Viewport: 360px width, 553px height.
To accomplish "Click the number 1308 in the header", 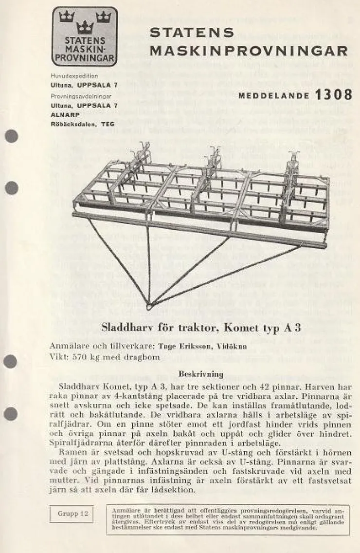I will (333, 95).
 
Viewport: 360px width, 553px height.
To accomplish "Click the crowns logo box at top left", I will (85, 36).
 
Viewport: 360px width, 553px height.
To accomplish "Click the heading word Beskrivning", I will (201, 374).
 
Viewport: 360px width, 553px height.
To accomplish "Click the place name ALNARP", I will (63, 115).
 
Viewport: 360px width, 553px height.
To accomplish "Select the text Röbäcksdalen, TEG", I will (83, 124).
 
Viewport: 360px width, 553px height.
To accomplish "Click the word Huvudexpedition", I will (74, 76).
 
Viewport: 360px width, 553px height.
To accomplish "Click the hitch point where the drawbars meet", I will (149, 305).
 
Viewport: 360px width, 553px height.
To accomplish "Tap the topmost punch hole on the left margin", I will (11, 136).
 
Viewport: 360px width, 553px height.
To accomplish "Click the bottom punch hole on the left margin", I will (11, 414).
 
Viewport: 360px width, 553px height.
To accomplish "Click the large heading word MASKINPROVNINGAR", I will (249, 51).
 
